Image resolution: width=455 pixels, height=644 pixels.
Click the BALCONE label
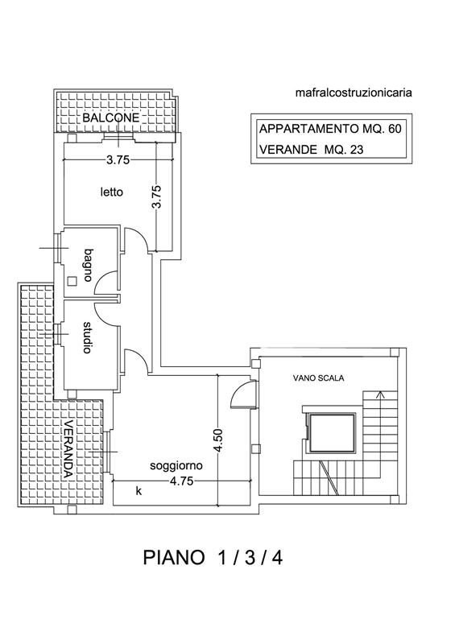point(111,118)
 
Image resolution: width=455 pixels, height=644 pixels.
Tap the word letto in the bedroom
point(112,192)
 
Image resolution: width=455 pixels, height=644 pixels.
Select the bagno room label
point(88,265)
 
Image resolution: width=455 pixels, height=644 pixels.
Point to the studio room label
point(87,337)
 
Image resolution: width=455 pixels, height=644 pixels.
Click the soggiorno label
point(176,466)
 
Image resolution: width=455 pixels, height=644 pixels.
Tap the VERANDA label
point(68,449)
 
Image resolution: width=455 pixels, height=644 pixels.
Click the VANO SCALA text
point(319,378)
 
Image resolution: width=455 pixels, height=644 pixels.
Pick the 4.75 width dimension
point(182,481)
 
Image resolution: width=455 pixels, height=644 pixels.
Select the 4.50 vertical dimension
point(218,440)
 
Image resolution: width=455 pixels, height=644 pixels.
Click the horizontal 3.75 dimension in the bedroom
point(118,159)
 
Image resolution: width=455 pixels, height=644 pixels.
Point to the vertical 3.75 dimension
point(156,197)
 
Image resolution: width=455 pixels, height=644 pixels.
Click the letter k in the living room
point(139,490)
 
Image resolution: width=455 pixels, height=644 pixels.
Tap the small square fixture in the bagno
point(72,280)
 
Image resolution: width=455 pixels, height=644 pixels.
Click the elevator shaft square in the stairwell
point(332,432)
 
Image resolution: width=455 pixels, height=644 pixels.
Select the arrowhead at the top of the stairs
point(381,394)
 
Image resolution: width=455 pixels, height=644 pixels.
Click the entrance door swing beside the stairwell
point(243,394)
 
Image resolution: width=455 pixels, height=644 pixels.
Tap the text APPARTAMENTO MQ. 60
point(330,129)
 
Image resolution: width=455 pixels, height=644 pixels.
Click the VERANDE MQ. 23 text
point(311,150)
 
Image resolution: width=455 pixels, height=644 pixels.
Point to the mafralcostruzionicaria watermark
point(354,93)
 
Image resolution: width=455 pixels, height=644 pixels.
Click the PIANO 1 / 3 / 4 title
point(213,557)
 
